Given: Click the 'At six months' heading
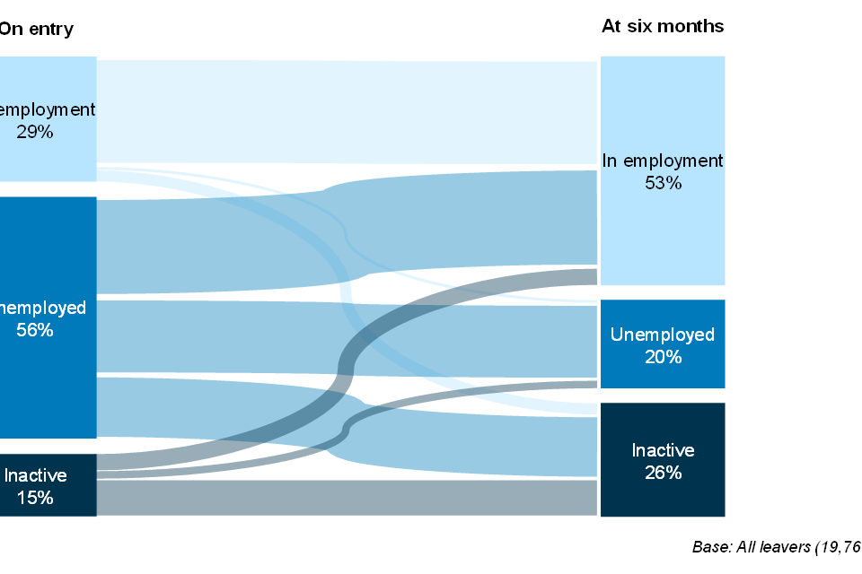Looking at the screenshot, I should coord(663,26).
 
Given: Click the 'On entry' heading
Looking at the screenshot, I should coord(36,29).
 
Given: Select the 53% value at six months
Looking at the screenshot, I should coord(663,183).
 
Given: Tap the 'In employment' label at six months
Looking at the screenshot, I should coord(663,161).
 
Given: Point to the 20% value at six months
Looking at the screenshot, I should coord(663,357).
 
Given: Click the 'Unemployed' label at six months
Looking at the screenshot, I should coord(663,335).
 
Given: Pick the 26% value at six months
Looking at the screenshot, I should coord(663,473).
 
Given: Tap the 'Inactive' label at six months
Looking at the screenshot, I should coord(663,450).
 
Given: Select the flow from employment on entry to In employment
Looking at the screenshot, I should coord(346,112).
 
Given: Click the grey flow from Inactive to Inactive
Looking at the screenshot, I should coord(346,498).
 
